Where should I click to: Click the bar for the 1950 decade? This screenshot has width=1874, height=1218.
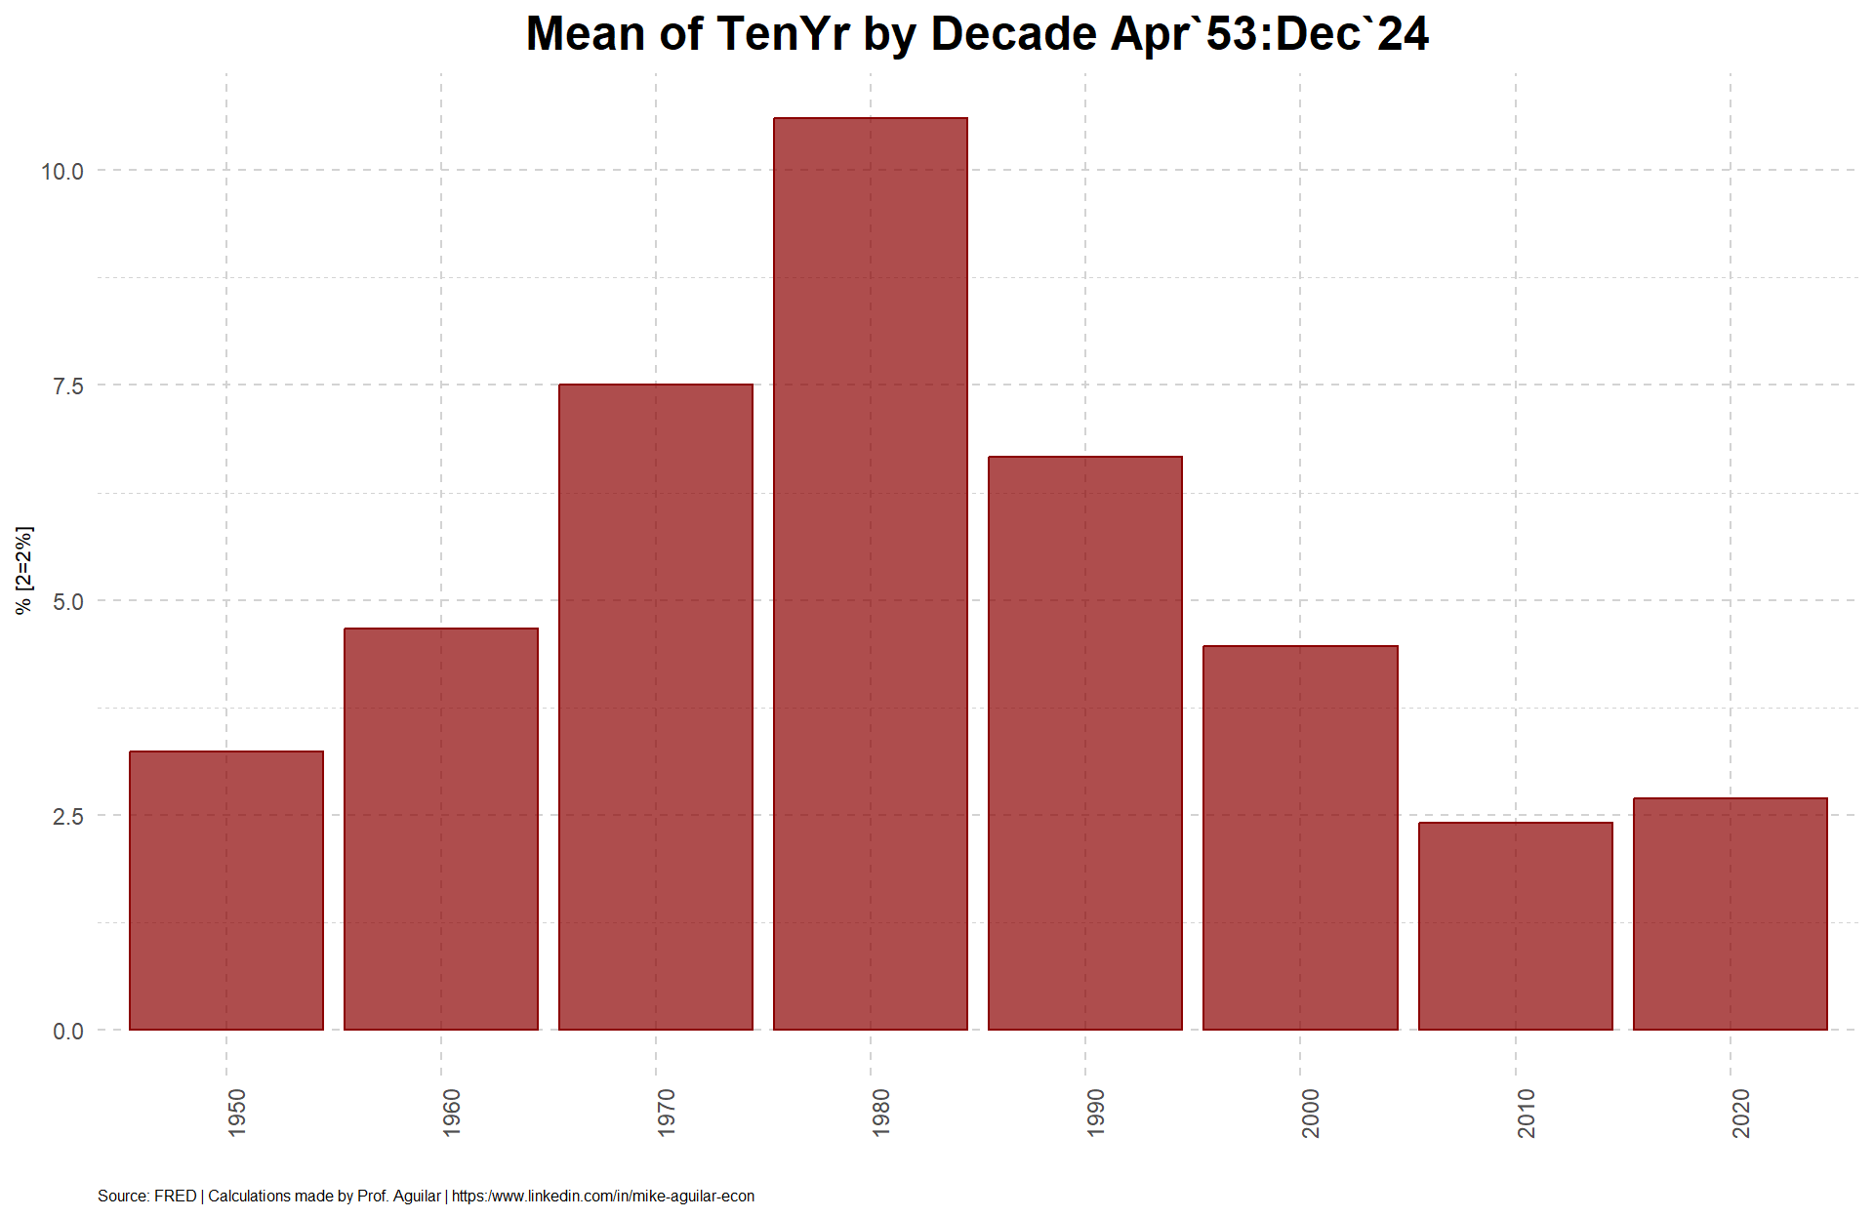[x=226, y=890]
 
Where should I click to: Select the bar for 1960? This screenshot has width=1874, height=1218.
[x=441, y=829]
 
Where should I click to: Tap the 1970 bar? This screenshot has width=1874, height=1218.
[x=656, y=707]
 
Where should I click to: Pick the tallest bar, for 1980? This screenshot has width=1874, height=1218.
[x=871, y=574]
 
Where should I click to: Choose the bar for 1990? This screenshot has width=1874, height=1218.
[x=1085, y=743]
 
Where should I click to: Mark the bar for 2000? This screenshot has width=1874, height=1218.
[x=1300, y=837]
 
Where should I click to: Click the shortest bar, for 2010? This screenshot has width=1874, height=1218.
[x=1516, y=926]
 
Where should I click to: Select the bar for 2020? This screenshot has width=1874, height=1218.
[x=1731, y=913]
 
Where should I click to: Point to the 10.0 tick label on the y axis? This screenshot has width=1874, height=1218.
[x=62, y=172]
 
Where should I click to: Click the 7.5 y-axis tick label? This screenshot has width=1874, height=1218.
[x=68, y=386]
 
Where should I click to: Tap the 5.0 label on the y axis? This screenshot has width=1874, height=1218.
[x=68, y=601]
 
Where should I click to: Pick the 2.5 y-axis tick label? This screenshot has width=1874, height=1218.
[x=68, y=816]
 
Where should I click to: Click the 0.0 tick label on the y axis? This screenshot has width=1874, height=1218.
[x=68, y=1031]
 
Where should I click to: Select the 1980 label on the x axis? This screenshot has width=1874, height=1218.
[x=880, y=1113]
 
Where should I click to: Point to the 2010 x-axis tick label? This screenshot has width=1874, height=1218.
[x=1526, y=1113]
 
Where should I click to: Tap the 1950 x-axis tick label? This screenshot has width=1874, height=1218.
[x=236, y=1113]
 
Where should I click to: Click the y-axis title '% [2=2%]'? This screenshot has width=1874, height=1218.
[x=24, y=570]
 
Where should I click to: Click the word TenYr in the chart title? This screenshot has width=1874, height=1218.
[x=783, y=34]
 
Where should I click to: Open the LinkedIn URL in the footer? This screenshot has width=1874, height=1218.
[x=603, y=1196]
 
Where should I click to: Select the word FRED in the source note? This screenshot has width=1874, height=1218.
[x=176, y=1196]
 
